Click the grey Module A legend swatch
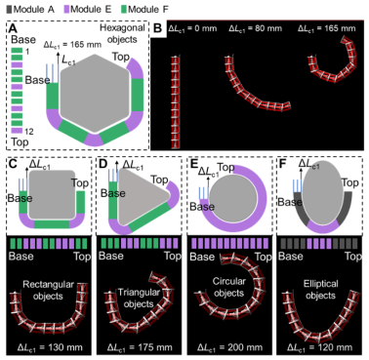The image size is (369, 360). coord(9,9)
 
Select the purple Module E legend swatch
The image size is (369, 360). coord(66,9)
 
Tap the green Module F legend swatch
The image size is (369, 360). coord(124,9)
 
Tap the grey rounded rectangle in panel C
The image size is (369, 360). coord(52,194)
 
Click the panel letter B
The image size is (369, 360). coord(157,28)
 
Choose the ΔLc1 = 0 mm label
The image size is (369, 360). coord(192,28)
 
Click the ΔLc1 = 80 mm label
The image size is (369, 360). coord(255,28)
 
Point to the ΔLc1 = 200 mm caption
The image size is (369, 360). coord(229,347)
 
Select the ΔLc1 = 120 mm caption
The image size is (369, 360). coord(319,347)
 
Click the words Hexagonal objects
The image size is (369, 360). coord(122,33)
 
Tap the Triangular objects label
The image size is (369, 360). coord(139,298)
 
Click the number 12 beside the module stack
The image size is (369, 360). coord(28,131)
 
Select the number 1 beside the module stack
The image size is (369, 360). coord(27,52)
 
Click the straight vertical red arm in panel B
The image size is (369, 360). coord(176,102)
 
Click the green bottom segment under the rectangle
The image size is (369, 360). coord(52,224)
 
